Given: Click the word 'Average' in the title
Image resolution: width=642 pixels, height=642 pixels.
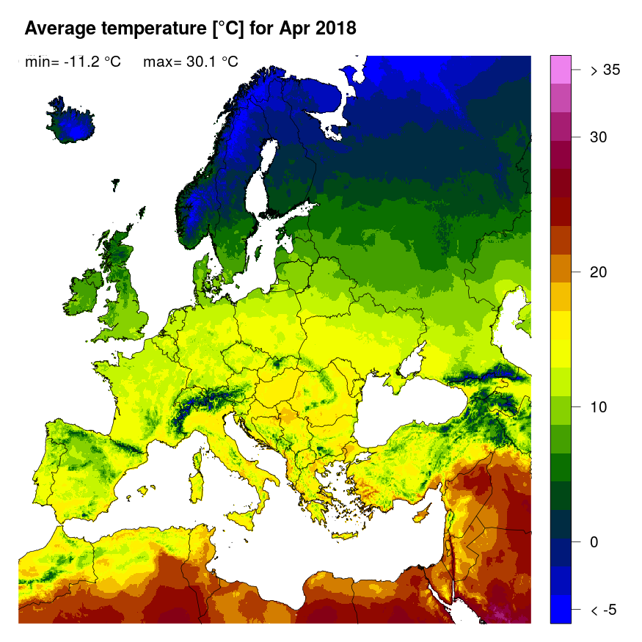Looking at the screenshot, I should [61, 29].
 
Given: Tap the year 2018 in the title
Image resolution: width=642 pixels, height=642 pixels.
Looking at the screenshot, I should [335, 29].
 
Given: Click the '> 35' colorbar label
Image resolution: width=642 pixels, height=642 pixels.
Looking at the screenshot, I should [605, 70].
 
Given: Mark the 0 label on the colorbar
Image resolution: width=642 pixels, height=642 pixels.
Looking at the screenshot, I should [595, 542].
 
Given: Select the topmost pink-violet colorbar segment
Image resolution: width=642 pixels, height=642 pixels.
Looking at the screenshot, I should [561, 70].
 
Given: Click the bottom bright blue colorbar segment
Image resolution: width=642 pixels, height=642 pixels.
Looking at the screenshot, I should [561, 609].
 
